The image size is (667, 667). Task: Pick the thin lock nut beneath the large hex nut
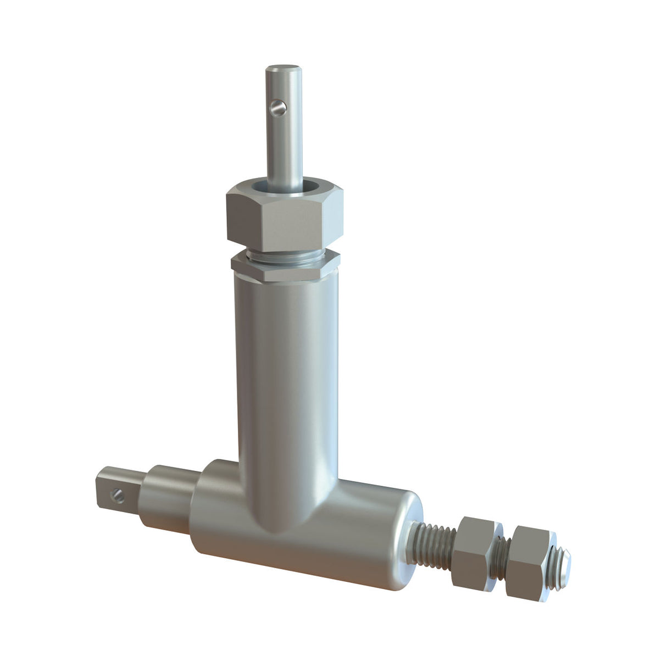click(x=283, y=266)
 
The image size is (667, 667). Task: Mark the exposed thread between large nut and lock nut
click(x=286, y=254)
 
